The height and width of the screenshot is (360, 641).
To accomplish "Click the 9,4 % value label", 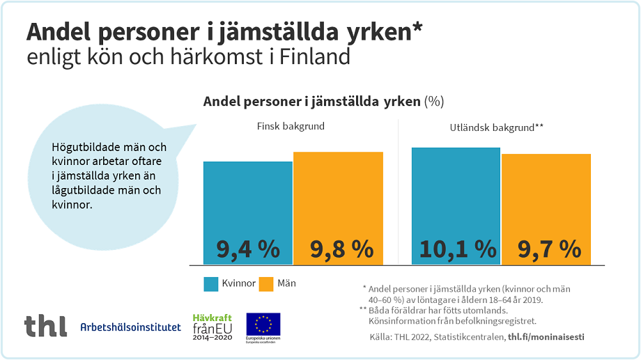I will click(247, 249).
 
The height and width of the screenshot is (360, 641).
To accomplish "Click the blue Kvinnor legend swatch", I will click(212, 284).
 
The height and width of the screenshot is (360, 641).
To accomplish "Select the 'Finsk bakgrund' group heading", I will click(291, 127).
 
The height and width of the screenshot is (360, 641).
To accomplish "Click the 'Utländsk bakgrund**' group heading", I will click(496, 127).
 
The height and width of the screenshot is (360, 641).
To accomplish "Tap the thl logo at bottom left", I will click(45, 325).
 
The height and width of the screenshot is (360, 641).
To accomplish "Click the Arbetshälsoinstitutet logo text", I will click(130, 327).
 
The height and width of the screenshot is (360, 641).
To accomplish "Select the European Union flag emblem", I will click(263, 324).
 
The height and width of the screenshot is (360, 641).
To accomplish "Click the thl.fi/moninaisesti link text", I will click(546, 337).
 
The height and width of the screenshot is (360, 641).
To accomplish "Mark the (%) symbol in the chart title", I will click(433, 102).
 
